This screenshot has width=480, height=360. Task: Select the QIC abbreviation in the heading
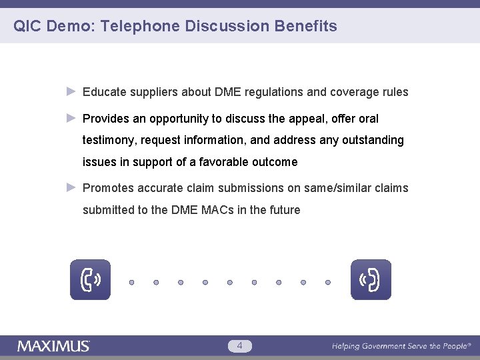pyautogui.click(x=28, y=27)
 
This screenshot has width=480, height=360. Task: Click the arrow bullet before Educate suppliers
pyautogui.click(x=72, y=92)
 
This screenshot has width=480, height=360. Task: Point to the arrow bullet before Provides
pyautogui.click(x=72, y=119)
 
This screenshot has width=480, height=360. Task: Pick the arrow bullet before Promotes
pyautogui.click(x=72, y=188)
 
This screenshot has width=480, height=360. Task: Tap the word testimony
pyautogui.click(x=107, y=141)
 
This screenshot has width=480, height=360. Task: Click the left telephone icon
pyautogui.click(x=91, y=280)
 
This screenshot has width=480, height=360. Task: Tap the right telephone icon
pyautogui.click(x=371, y=280)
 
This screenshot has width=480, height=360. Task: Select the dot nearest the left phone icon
pyautogui.click(x=132, y=282)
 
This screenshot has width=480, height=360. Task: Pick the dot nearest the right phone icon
pyautogui.click(x=328, y=282)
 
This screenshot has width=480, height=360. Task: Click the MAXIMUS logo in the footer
pyautogui.click(x=53, y=346)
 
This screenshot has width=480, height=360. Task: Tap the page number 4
pyautogui.click(x=240, y=345)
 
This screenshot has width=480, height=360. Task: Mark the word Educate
pyautogui.click(x=103, y=92)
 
